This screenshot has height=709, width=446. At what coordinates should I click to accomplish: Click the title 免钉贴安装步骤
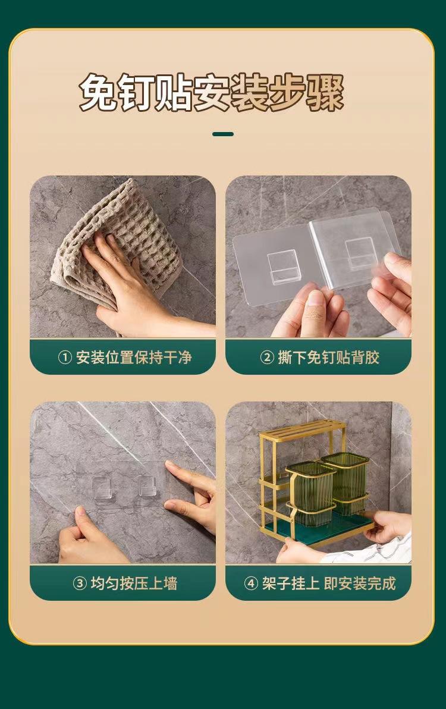pos(212,93)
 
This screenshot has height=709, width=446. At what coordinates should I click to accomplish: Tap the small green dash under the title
pos(223,134)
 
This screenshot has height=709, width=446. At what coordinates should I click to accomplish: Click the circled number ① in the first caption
pos(65,357)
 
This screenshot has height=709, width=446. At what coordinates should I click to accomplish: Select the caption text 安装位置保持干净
pos(134,357)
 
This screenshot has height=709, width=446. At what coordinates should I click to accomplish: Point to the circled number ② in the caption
pos(267,357)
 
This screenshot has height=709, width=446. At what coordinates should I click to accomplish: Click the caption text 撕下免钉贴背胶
pos(328,357)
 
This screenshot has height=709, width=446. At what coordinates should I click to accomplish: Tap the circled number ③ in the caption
pos(80,583)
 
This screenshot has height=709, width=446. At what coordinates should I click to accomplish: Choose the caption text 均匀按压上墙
pos(134,583)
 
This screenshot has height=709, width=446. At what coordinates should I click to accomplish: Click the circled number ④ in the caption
pos(251,583)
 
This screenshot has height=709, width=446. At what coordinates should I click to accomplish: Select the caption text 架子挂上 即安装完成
pos(329,583)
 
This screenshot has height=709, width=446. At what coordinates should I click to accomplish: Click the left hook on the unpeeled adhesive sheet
pos(283,267)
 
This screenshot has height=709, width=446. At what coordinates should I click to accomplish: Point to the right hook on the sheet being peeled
pos(362,253)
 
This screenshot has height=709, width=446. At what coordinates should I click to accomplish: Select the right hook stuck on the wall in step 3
pos(147,485)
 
